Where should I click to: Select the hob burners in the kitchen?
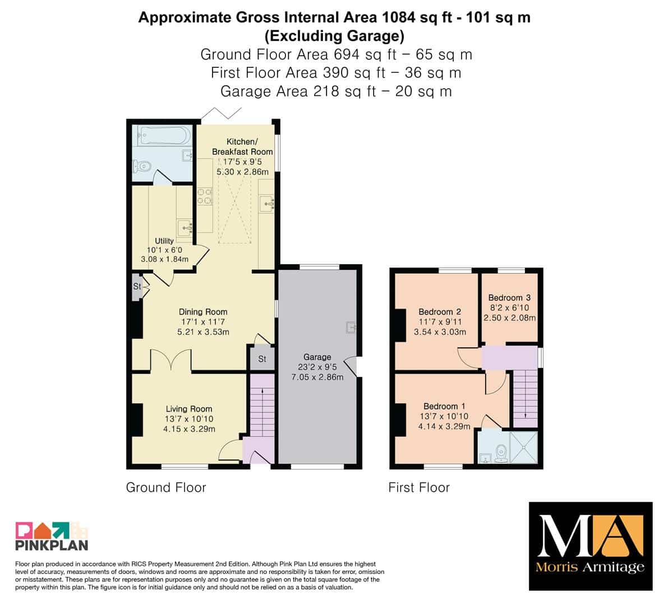pyautogui.click(x=205, y=196)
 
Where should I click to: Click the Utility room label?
pyautogui.click(x=164, y=241)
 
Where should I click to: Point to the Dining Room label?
pyautogui.click(x=203, y=311)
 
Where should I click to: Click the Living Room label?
pyautogui.click(x=188, y=408)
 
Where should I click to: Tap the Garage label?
pyautogui.click(x=317, y=357)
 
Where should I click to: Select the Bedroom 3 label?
pyautogui.click(x=509, y=297)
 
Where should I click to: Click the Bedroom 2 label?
pyautogui.click(x=440, y=311)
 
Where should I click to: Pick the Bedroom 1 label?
pyautogui.click(x=444, y=406)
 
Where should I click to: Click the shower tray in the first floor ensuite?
pyautogui.click(x=524, y=447)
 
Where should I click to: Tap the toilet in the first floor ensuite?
pyautogui.click(x=501, y=453)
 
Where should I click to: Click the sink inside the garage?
pyautogui.click(x=351, y=327)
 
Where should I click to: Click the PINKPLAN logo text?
pyautogui.click(x=52, y=545)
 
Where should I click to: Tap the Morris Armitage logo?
pyautogui.click(x=591, y=546)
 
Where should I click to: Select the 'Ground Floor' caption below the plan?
pyautogui.click(x=165, y=488)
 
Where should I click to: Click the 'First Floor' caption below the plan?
pyautogui.click(x=419, y=488)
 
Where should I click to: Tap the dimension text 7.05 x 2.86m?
pyautogui.click(x=317, y=377)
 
